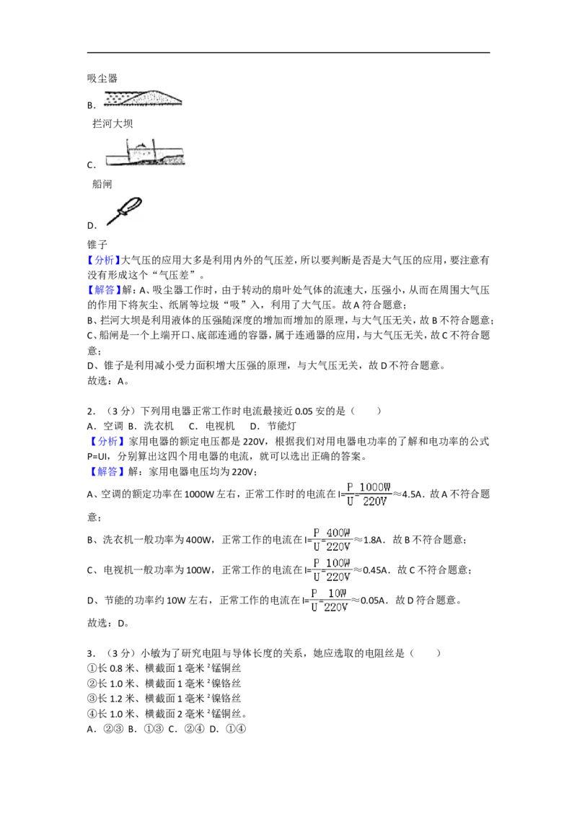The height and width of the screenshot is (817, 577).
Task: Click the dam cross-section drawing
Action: tap(143, 98)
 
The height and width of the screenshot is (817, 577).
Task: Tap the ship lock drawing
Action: tap(145, 153)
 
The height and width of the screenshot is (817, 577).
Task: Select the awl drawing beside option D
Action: tap(124, 211)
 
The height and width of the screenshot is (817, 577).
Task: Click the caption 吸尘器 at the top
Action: tap(102, 79)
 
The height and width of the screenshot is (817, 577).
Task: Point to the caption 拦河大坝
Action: tap(113, 123)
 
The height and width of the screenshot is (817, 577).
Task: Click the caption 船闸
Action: tap(102, 184)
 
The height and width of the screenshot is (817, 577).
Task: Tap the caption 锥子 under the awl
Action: tap(97, 245)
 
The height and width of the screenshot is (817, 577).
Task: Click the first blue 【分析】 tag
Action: tap(104, 260)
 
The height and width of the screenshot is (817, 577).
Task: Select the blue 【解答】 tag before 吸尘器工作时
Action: tap(104, 289)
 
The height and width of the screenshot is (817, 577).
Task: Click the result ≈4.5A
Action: tap(409, 494)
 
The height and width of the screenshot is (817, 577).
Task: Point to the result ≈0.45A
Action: tap(371, 570)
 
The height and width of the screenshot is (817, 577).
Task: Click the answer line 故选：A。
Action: tap(107, 381)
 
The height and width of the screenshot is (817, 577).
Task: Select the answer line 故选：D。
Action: tap(107, 623)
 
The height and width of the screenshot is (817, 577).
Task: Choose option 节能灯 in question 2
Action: tap(281, 427)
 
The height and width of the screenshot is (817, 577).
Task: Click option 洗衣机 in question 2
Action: tap(159, 427)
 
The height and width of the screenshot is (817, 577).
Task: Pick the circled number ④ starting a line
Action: tap(92, 714)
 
